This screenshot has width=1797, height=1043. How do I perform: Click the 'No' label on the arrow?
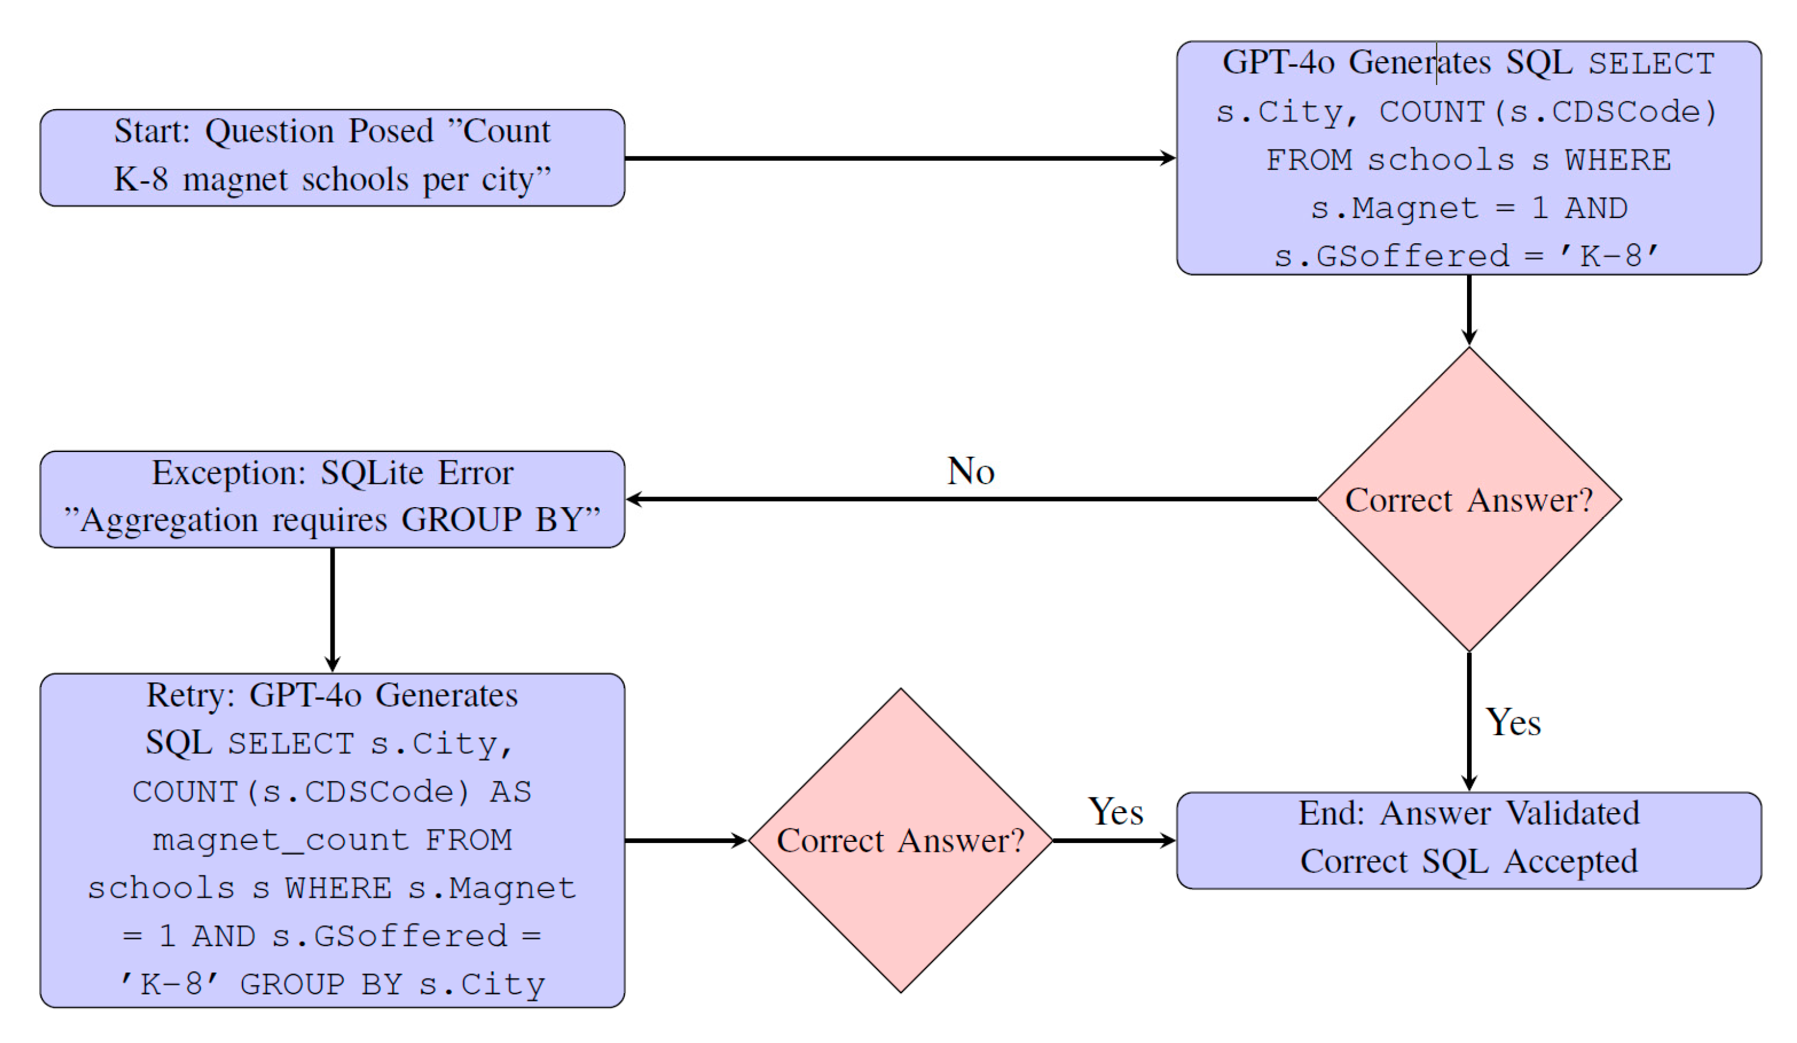(971, 471)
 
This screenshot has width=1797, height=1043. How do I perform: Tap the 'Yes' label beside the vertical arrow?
(1513, 723)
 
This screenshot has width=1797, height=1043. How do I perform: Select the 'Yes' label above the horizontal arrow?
(1115, 812)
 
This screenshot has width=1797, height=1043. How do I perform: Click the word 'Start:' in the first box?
(152, 131)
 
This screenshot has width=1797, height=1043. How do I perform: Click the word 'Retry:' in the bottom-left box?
(190, 695)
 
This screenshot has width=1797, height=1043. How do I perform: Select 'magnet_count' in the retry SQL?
(280, 840)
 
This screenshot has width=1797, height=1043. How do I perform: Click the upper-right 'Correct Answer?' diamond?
(1468, 500)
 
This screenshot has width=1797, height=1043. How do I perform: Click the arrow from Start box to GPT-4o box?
(898, 158)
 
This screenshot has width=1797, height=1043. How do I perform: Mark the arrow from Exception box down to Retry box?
(332, 610)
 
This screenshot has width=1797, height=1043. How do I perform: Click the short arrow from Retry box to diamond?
(685, 840)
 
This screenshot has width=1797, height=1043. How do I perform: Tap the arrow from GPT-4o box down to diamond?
(1468, 310)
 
